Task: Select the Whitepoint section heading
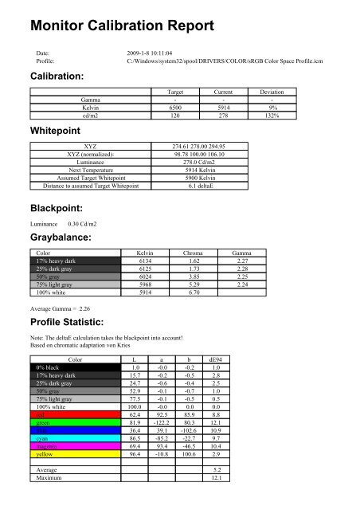tap(58, 129)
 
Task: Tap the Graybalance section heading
tap(65, 238)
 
